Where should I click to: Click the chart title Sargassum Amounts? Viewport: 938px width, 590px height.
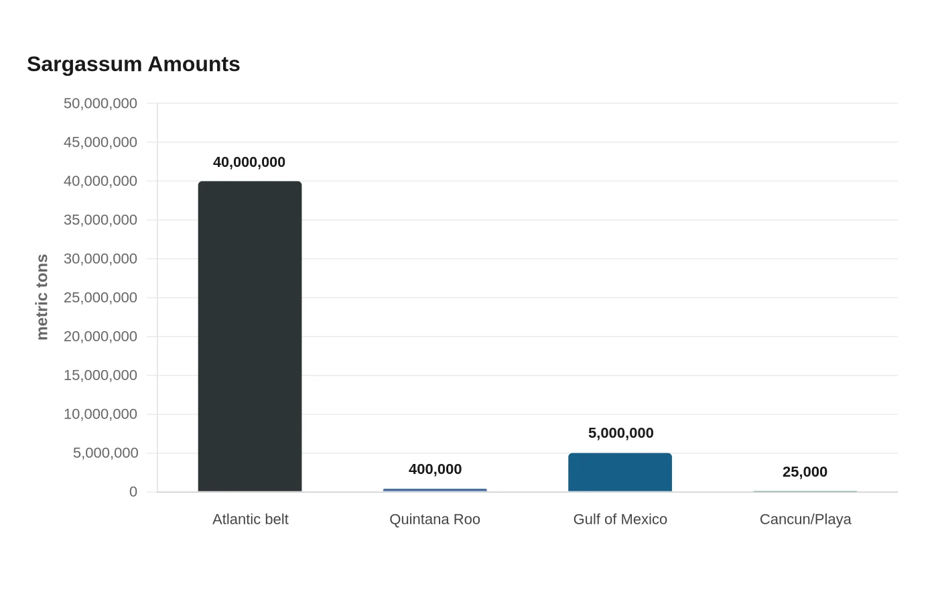[x=133, y=64]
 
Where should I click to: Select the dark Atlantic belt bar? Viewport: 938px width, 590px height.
[x=250, y=336]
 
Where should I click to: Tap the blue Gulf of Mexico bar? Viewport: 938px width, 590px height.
[x=620, y=472]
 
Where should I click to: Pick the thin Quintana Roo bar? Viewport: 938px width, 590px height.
[x=435, y=490]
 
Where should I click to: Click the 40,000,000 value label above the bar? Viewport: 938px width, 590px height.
[x=249, y=162]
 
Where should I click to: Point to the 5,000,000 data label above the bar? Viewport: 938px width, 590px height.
[x=620, y=433]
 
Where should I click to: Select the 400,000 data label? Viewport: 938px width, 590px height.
[x=435, y=469]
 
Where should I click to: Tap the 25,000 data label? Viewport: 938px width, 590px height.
[x=805, y=472]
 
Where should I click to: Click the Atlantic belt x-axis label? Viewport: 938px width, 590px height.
[x=251, y=519]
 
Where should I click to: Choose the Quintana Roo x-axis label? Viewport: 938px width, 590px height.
[x=435, y=520]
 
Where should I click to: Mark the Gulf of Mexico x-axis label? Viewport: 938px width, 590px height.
[x=620, y=519]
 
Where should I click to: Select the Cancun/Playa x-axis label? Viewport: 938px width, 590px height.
[x=805, y=520]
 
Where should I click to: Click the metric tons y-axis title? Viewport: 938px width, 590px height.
[x=42, y=297]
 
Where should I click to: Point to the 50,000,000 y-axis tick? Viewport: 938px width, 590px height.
[x=100, y=103]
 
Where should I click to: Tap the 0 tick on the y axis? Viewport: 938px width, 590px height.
[x=133, y=491]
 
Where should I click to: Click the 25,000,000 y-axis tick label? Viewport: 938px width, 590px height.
[x=100, y=298]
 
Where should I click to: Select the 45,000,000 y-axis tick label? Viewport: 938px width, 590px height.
[x=100, y=142]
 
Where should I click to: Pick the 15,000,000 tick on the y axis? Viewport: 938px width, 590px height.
[x=100, y=375]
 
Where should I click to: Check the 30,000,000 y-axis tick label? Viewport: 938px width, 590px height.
[x=100, y=259]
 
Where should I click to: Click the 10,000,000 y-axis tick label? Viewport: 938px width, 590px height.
[x=100, y=414]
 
